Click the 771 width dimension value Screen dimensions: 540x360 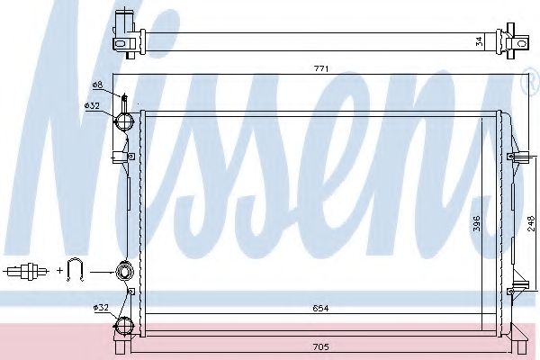321,69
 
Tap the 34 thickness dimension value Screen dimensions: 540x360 479,41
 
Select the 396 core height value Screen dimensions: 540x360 477,223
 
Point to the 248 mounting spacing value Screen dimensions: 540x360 531,223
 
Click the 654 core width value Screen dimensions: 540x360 320,309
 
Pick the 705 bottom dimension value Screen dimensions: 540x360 320,346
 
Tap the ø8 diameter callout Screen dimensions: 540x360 97,85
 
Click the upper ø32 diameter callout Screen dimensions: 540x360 92,106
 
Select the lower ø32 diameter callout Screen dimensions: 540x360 101,307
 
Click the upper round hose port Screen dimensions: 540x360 123,121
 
